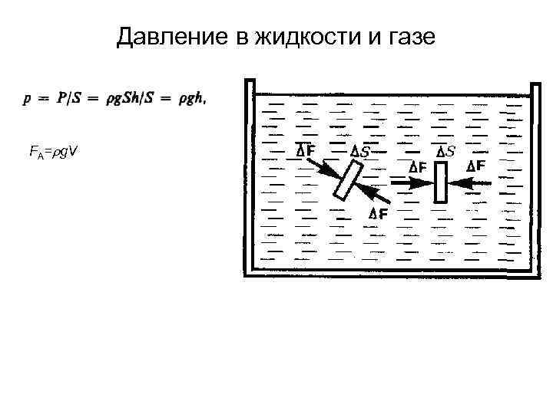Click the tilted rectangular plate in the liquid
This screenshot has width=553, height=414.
point(348,181)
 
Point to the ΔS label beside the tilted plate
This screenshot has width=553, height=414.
point(359,152)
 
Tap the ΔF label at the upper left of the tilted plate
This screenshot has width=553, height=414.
point(305,150)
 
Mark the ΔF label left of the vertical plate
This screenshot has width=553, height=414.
point(418,166)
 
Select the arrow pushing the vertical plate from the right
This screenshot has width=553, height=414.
point(470,182)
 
